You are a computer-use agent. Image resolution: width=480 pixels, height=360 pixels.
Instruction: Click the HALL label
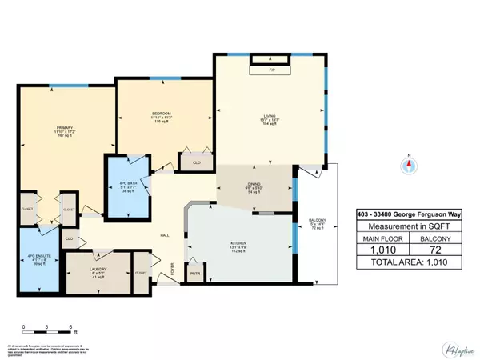(164, 235)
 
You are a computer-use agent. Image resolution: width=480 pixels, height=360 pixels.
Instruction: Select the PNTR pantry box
(196, 274)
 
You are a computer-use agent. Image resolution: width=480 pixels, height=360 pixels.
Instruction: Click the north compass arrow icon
(409, 164)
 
